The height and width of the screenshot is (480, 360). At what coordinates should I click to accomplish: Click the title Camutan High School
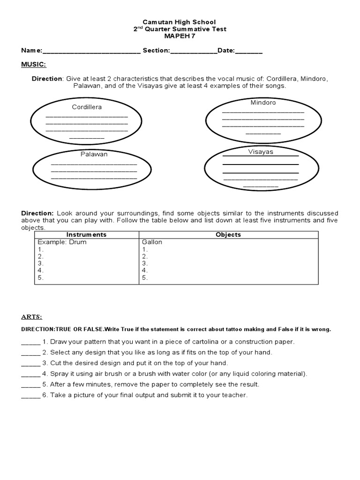click(x=180, y=22)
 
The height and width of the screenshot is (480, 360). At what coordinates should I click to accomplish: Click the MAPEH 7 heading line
click(x=180, y=36)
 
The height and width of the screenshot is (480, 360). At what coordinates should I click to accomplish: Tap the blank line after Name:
click(x=91, y=51)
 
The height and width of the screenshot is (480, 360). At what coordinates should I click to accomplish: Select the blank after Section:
click(x=194, y=51)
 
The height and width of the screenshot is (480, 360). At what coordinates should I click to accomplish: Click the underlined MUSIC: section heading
click(x=33, y=64)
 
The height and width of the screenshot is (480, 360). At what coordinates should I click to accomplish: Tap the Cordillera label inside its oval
click(x=87, y=107)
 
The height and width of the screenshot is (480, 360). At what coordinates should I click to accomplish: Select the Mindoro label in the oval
click(x=263, y=102)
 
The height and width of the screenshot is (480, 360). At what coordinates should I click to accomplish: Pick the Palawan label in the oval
click(x=94, y=154)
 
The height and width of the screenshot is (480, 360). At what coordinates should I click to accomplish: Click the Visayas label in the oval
click(x=260, y=152)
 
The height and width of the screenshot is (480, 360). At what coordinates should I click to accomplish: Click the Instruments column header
click(x=86, y=234)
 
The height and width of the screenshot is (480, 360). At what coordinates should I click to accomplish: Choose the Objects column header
click(x=228, y=234)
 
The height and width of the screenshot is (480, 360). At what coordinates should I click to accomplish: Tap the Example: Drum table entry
click(x=62, y=242)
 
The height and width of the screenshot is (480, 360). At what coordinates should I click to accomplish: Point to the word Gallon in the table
click(x=152, y=242)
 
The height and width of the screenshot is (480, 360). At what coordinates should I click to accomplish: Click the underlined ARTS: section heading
click(x=31, y=317)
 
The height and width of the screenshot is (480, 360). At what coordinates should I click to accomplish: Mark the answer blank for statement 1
click(x=31, y=342)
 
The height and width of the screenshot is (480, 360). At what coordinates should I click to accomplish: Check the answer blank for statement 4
click(x=31, y=374)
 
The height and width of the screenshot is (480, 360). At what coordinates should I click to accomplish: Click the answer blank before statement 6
click(x=31, y=395)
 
